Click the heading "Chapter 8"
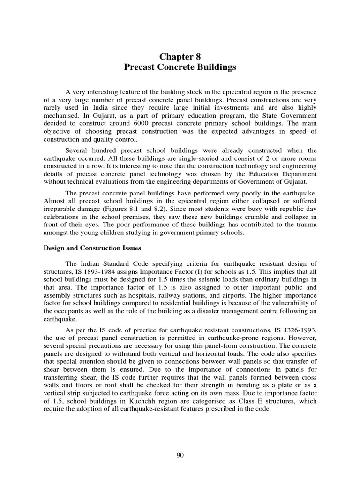[x=180, y=57]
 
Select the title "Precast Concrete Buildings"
[x=180, y=67]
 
